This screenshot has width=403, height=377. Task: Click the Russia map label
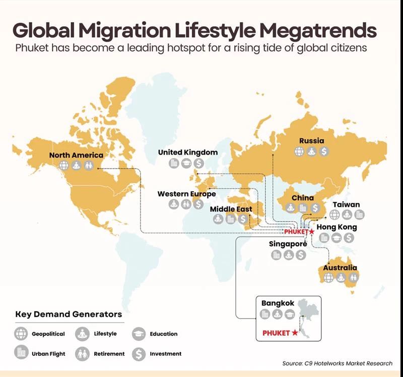click(311, 141)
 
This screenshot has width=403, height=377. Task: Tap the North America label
click(76, 155)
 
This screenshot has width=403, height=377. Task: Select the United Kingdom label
click(188, 153)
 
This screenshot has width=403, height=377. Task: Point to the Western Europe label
click(186, 194)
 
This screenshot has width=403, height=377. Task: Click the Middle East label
click(231, 209)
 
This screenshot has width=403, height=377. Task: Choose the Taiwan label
click(346, 205)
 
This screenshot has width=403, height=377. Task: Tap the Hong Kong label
click(337, 228)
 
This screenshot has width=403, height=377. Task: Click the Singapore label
click(288, 244)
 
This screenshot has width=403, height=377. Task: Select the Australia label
click(340, 268)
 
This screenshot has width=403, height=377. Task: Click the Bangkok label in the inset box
click(278, 304)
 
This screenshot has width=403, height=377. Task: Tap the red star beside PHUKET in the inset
click(295, 333)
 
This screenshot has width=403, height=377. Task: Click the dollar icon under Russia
click(324, 152)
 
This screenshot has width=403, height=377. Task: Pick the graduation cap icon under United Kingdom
click(186, 163)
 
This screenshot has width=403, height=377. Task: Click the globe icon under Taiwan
click(334, 215)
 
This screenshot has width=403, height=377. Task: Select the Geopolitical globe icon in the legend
click(21, 334)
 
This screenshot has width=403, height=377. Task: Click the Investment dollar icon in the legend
click(139, 354)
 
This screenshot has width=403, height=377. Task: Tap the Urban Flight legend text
click(48, 354)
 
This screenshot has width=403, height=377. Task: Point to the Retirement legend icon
click(82, 354)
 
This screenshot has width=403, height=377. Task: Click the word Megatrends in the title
click(318, 30)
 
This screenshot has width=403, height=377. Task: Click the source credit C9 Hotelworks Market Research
click(349, 363)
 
